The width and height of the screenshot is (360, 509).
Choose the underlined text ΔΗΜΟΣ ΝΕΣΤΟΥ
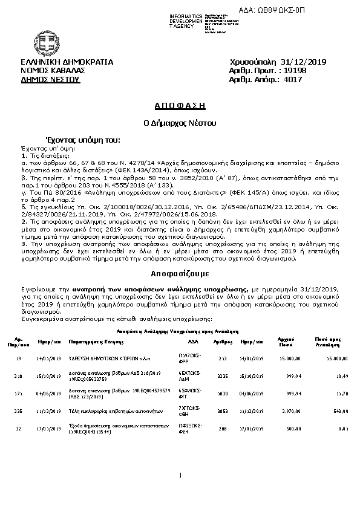coord(50,79)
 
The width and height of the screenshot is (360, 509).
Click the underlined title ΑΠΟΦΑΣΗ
coord(180,106)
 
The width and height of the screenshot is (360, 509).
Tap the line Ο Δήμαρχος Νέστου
coord(180,123)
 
